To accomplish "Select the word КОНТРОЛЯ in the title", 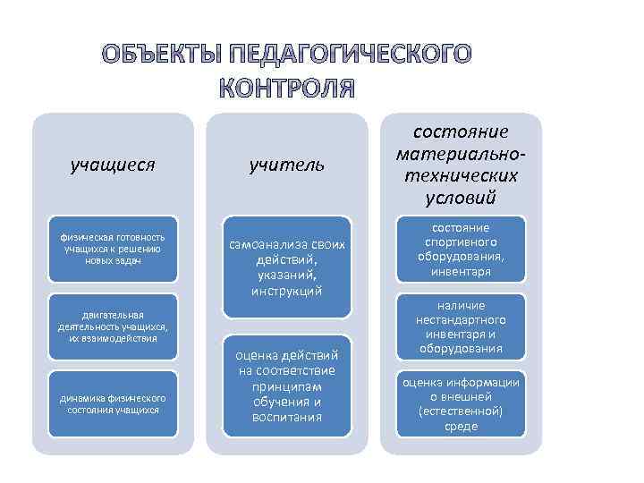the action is (x=286, y=89).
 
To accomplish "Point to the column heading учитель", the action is (x=286, y=165).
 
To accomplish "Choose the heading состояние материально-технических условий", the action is (x=461, y=164).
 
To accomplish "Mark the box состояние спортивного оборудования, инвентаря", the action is (x=461, y=250).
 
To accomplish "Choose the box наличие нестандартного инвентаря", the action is (x=461, y=326).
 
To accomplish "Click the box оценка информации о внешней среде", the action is (x=461, y=403).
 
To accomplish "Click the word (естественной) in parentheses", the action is (x=461, y=411).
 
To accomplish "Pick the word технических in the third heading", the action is (x=461, y=176).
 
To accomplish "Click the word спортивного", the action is (x=461, y=241).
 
